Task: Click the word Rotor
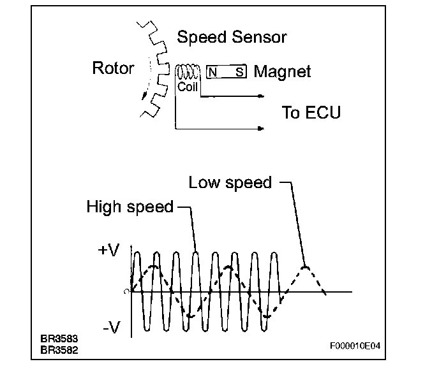114,68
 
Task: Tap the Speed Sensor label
232,37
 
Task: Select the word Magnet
282,71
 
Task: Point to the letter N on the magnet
212,72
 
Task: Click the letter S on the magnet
239,72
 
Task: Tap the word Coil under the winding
187,87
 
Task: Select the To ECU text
311,113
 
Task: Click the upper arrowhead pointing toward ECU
260,97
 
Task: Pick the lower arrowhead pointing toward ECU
260,129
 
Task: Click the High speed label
130,207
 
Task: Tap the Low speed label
230,183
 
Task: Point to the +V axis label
108,251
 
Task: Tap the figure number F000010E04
355,347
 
